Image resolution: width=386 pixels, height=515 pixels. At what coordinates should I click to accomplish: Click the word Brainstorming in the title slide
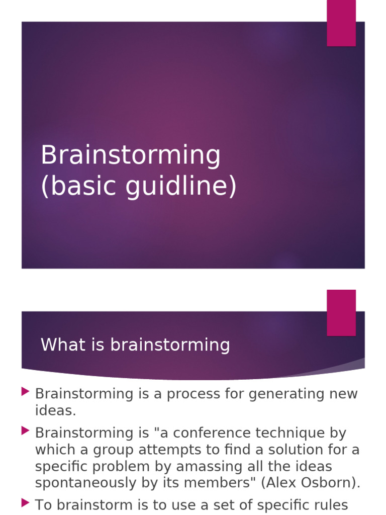(x=131, y=156)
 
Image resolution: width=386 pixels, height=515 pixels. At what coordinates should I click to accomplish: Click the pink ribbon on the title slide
(x=341, y=23)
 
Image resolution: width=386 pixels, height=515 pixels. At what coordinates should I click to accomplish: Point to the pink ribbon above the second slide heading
(x=341, y=312)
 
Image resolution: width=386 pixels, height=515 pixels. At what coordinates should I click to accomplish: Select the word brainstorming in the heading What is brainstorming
(x=170, y=346)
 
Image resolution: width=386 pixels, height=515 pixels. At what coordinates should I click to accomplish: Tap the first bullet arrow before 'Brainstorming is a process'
(x=25, y=391)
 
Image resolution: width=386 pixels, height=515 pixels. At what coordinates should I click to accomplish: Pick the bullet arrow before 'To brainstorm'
(x=25, y=502)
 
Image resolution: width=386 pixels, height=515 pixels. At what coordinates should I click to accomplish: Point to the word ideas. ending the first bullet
(x=55, y=410)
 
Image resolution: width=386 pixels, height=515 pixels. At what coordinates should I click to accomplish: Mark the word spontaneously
(x=85, y=483)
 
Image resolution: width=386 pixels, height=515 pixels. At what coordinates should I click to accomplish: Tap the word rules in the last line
(x=330, y=504)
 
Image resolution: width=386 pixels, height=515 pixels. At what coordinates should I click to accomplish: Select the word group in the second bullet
(x=112, y=450)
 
